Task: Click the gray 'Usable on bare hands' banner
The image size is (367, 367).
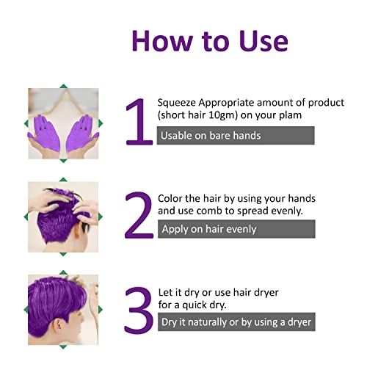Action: pos(236,135)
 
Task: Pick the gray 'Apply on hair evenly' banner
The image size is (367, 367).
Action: pos(236,229)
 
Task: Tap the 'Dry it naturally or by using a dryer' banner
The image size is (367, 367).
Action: pos(236,322)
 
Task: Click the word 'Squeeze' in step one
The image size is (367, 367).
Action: pos(181,103)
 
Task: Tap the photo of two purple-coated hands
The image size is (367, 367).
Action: pos(63,123)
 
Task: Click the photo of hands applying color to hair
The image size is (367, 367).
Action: pos(63,216)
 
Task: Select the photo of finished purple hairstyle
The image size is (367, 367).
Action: pos(63,309)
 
